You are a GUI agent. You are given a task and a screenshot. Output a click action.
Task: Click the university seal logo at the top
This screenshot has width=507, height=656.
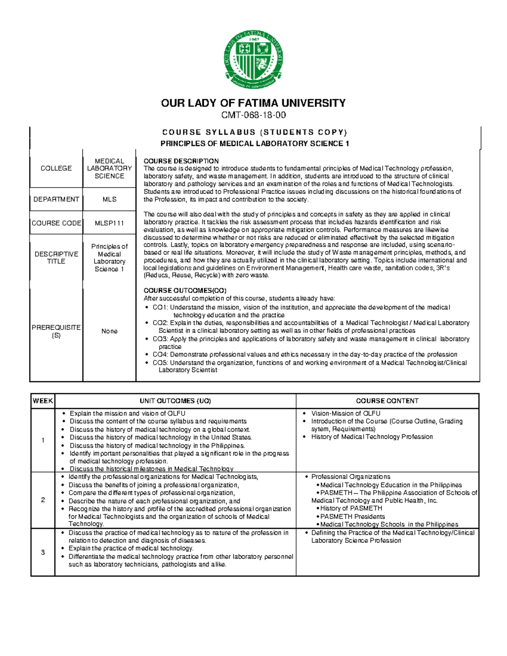click(x=253, y=60)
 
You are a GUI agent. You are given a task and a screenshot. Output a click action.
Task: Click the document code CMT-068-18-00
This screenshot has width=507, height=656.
click(x=253, y=115)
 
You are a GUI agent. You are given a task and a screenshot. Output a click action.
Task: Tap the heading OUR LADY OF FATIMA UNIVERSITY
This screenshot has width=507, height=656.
click(x=253, y=103)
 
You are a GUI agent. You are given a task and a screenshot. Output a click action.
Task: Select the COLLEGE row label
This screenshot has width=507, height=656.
click(x=56, y=168)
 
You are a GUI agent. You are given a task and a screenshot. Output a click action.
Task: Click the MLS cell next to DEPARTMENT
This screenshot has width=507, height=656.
click(x=109, y=199)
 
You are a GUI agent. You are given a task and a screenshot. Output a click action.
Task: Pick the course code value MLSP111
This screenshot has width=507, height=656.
click(x=109, y=223)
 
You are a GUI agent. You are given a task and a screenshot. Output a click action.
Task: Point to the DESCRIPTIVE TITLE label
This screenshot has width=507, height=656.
click(x=56, y=258)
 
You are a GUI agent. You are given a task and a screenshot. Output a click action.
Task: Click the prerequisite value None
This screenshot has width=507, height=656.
click(x=109, y=331)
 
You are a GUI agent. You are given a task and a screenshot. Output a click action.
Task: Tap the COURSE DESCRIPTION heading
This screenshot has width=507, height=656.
click(x=181, y=161)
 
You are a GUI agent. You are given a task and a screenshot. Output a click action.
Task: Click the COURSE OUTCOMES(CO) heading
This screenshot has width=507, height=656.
click(x=185, y=291)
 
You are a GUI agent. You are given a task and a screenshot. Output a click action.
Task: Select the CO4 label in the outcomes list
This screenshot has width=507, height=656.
click(x=160, y=354)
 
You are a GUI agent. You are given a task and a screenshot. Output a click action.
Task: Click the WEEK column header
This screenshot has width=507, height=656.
click(x=43, y=401)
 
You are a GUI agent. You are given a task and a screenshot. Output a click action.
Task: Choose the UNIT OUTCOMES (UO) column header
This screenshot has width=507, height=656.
click(x=175, y=401)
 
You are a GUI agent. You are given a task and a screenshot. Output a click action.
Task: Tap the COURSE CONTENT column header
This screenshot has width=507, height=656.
click(x=387, y=401)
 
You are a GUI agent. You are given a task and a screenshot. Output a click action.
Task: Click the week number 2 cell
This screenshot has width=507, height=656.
click(x=43, y=500)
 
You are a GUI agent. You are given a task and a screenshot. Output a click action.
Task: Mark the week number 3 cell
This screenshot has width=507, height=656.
click(x=43, y=553)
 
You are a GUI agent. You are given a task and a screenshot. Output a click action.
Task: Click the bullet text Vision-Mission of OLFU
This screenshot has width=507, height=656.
click(x=346, y=414)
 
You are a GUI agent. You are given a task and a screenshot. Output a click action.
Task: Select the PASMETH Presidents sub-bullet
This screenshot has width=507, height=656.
click(x=352, y=516)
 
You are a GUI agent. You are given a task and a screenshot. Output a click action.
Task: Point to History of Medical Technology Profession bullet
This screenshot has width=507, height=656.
click(x=372, y=437)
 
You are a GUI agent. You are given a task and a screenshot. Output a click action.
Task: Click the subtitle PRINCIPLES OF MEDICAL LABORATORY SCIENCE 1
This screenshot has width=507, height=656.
click(x=255, y=144)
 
